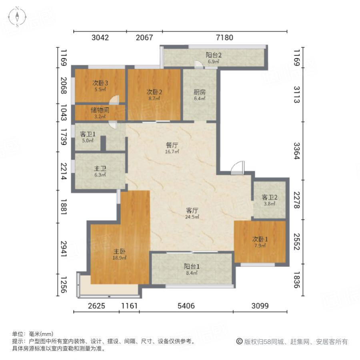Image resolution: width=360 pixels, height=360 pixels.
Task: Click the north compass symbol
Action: (x=17, y=17)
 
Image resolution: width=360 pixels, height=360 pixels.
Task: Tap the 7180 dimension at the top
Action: (x=224, y=38)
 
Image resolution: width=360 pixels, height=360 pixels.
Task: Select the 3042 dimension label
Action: (x=100, y=38)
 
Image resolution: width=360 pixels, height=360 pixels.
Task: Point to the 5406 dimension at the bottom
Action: (x=186, y=306)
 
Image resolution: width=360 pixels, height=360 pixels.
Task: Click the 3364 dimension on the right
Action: (x=297, y=151)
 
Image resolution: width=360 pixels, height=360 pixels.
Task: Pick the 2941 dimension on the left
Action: (x=63, y=249)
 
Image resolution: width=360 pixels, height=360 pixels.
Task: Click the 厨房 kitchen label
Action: (x=200, y=92)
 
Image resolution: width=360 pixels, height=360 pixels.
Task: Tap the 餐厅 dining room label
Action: (x=172, y=145)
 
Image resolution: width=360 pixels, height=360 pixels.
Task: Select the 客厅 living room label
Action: (x=192, y=210)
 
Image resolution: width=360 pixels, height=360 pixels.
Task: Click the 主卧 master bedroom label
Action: (x=119, y=252)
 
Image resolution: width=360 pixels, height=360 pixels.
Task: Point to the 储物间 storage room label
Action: (x=100, y=110)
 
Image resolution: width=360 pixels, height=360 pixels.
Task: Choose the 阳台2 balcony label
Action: (x=214, y=55)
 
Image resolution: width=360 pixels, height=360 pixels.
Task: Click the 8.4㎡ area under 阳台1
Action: (x=192, y=273)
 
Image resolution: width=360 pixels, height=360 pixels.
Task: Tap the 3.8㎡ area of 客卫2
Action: (x=270, y=204)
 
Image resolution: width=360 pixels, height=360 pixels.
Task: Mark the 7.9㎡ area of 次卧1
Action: (x=260, y=246)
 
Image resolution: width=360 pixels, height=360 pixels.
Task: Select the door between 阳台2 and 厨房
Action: (x=199, y=64)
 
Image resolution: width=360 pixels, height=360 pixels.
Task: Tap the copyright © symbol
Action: (x=240, y=342)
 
